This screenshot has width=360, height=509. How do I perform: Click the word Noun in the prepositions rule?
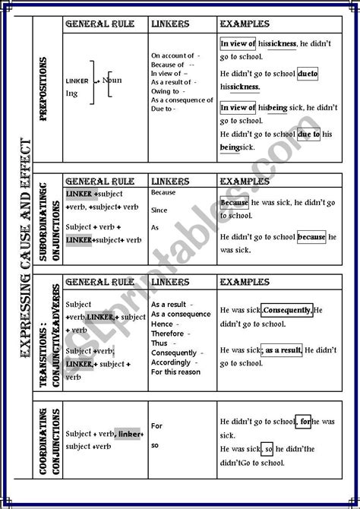tap(112, 79)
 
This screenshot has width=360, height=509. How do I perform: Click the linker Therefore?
tap(168, 333)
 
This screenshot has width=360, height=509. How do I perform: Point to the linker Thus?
tap(159, 343)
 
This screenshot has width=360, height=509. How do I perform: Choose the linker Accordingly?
tap(171, 362)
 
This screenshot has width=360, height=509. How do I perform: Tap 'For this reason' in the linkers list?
tap(175, 372)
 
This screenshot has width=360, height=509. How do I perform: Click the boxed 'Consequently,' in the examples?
tap(287, 311)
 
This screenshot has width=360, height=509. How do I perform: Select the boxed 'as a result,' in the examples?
tap(283, 350)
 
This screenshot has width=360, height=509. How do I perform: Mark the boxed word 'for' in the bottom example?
tap(304, 420)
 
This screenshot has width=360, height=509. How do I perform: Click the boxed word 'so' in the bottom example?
tap(268, 449)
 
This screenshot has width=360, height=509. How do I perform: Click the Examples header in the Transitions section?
tap(243, 282)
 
